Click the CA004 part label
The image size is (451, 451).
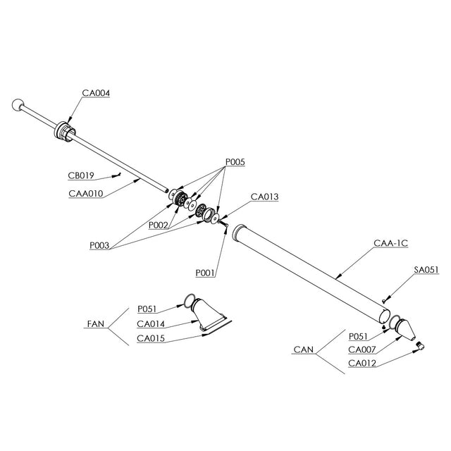tap(96, 93)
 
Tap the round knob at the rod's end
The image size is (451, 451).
tap(17, 106)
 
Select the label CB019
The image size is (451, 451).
tap(82, 175)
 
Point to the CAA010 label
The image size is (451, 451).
tap(85, 193)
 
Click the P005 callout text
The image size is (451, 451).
tap(235, 162)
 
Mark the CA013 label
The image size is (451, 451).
tap(264, 197)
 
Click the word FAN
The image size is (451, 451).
tap(95, 324)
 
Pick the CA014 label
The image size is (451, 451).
tap(152, 324)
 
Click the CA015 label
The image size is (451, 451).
tap(152, 338)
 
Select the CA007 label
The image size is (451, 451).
tap(363, 349)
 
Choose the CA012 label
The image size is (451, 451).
tap(363, 363)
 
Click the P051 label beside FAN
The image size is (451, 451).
tap(148, 309)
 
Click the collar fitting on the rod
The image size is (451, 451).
tap(64, 132)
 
